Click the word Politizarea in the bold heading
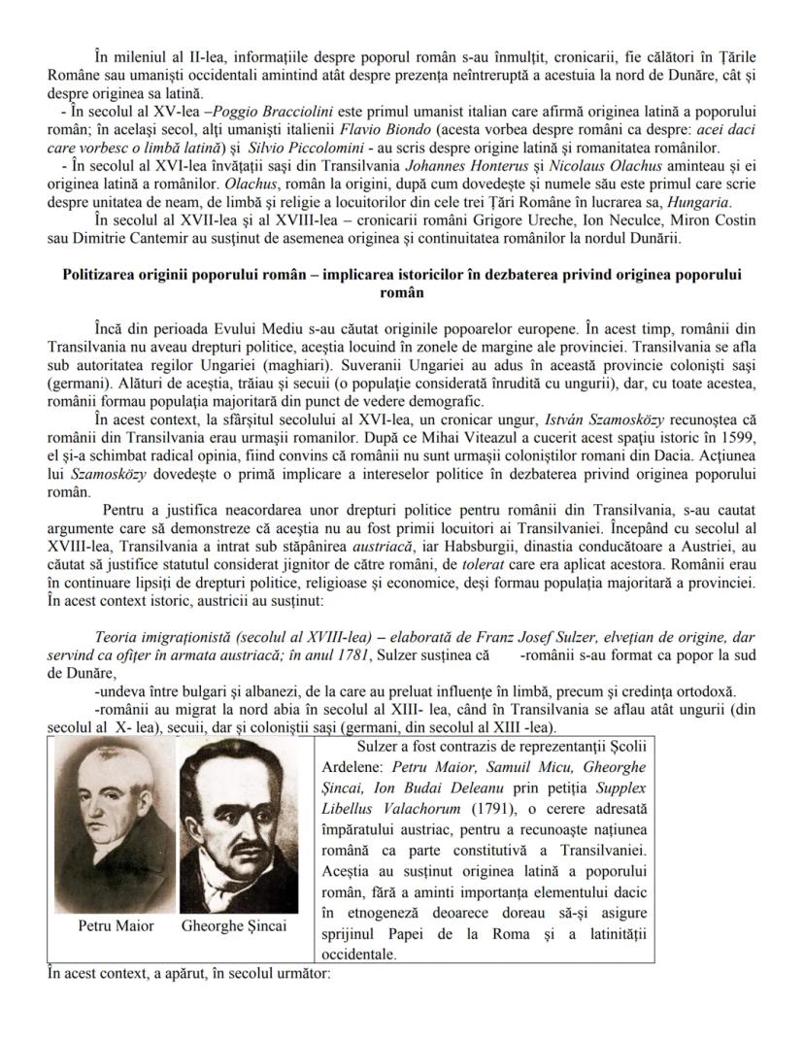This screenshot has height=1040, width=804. [102, 275]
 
